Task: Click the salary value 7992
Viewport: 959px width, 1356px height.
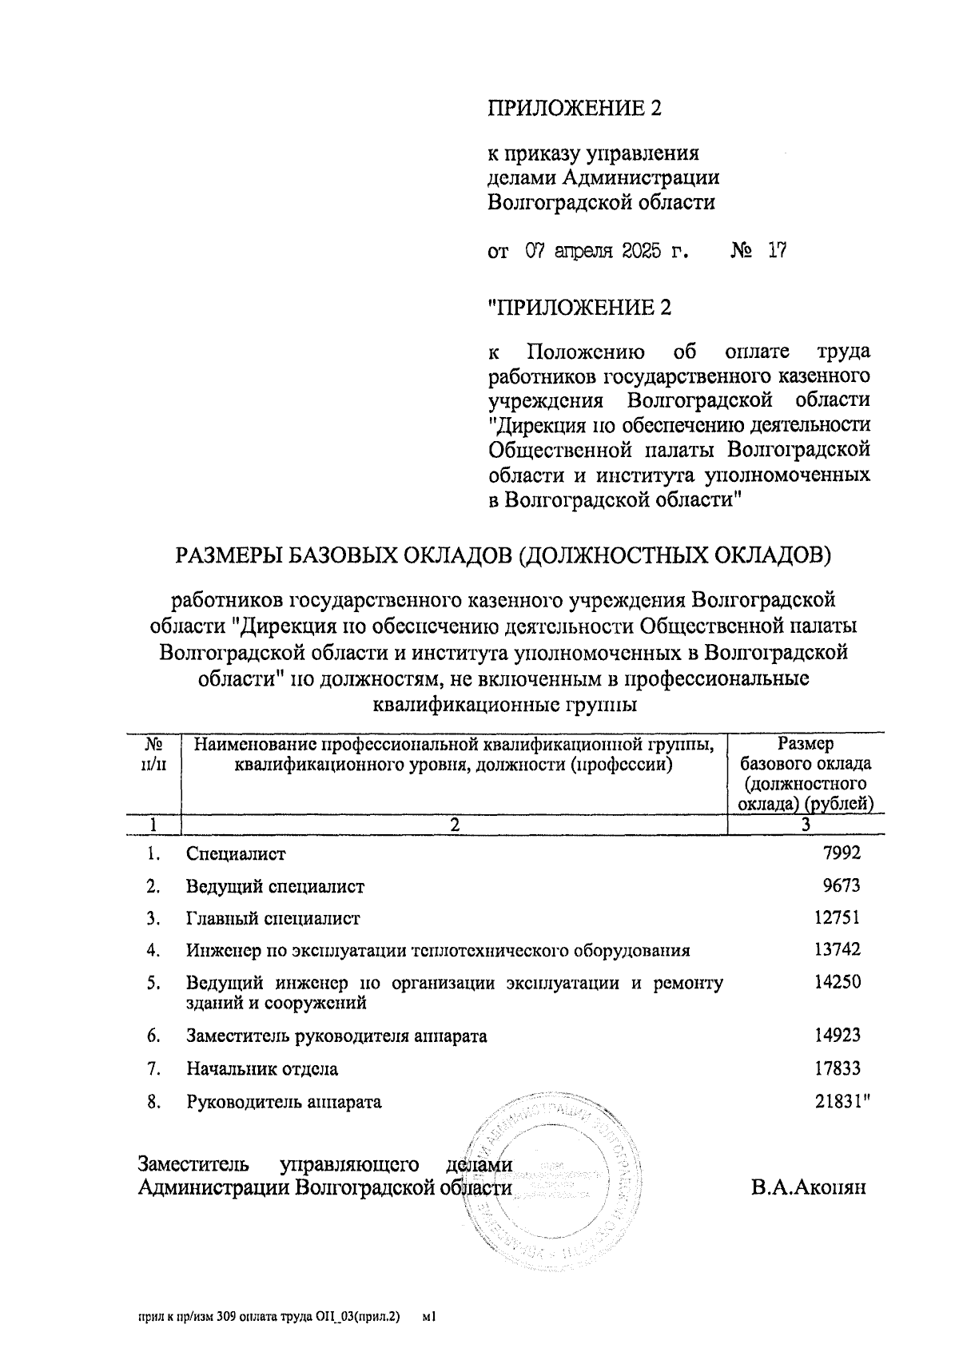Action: pyautogui.click(x=842, y=853)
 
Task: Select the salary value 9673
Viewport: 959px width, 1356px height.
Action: pyautogui.click(x=842, y=885)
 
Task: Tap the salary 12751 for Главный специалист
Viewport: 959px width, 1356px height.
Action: pyautogui.click(x=837, y=918)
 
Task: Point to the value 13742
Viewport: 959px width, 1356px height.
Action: pyautogui.click(x=837, y=950)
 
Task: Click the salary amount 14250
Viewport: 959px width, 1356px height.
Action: pyautogui.click(x=837, y=982)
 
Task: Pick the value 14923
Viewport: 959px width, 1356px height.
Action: pyautogui.click(x=837, y=1036)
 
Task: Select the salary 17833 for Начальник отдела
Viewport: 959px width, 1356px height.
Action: pyautogui.click(x=837, y=1068)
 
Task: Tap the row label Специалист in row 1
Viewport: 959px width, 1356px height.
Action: pyautogui.click(x=236, y=854)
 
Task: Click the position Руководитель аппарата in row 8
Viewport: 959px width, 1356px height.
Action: pyautogui.click(x=284, y=1103)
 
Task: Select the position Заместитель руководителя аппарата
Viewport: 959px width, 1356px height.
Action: pyautogui.click(x=336, y=1036)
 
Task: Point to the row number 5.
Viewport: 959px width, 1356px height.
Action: pyautogui.click(x=153, y=983)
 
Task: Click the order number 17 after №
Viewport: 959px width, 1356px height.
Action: pyautogui.click(x=776, y=252)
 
